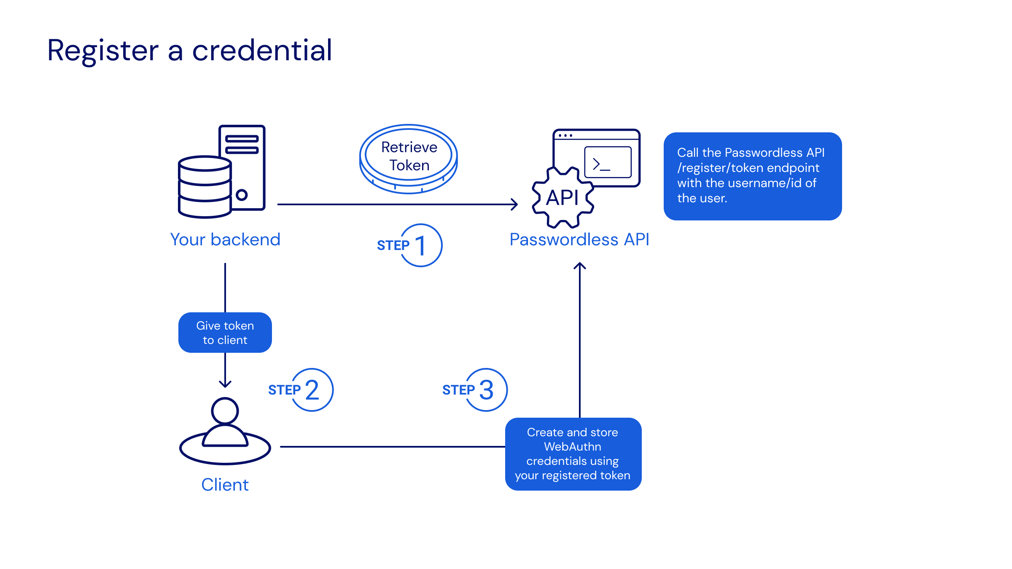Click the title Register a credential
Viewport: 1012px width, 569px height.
pos(190,51)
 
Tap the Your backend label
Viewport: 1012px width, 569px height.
pos(225,239)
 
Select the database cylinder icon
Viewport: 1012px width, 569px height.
pos(205,187)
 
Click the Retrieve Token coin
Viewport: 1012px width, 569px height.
pos(409,158)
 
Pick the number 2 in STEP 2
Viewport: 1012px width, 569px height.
pos(312,390)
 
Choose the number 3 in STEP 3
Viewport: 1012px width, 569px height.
pos(486,390)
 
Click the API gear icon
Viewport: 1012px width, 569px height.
pos(563,198)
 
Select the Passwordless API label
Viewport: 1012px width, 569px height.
pos(579,239)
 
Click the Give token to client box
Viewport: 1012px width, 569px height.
pos(225,333)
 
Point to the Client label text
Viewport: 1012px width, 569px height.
pos(225,485)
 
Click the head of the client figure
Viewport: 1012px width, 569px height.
pos(225,411)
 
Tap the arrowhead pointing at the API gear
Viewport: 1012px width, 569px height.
pos(514,204)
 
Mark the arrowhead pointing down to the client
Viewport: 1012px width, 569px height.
pos(225,384)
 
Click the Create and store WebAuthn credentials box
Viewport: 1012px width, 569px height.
pos(573,454)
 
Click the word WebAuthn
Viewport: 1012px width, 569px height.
pos(573,447)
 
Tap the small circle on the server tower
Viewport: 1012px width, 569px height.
pos(242,195)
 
